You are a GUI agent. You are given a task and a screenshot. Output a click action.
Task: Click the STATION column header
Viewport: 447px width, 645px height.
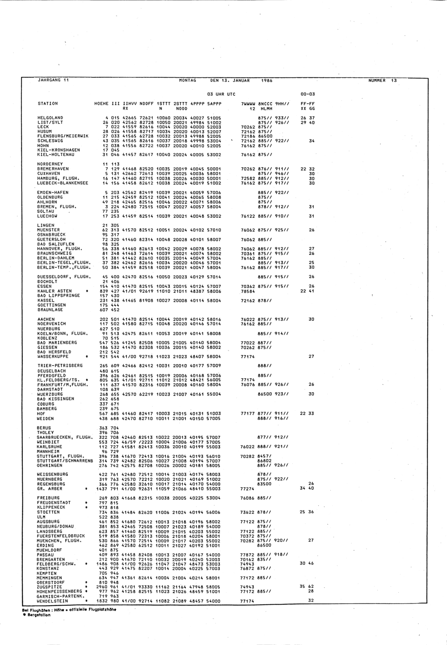(x=47, y=104)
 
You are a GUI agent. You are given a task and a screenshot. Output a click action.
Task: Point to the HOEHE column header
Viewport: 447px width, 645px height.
(x=101, y=104)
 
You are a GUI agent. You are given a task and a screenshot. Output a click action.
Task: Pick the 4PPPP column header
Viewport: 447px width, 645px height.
(x=197, y=104)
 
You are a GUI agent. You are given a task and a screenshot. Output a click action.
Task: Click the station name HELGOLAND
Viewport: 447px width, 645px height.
(x=50, y=118)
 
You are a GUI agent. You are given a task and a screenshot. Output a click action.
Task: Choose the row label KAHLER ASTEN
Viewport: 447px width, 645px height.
(x=51, y=291)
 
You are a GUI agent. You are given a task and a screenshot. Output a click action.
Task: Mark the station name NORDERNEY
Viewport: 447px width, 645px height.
(x=50, y=164)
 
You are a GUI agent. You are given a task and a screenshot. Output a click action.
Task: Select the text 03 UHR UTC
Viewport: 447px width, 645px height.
(x=221, y=94)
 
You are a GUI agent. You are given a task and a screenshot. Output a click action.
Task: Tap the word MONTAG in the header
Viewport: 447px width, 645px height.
(x=188, y=80)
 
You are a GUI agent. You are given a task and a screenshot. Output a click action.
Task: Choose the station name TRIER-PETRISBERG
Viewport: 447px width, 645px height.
(x=57, y=366)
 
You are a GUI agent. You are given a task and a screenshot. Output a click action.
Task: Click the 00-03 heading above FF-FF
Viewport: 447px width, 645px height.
(x=308, y=94)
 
